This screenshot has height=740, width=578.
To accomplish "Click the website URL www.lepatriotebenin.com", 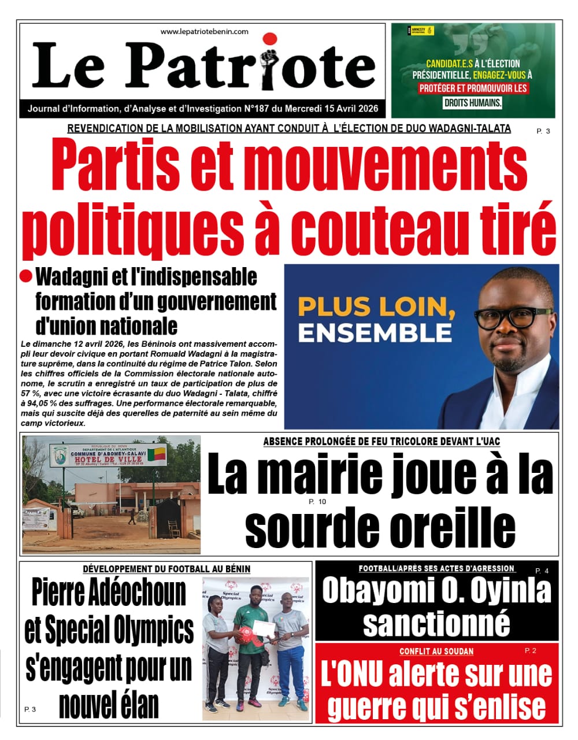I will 204,32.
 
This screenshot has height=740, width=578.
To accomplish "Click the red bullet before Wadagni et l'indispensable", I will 25,276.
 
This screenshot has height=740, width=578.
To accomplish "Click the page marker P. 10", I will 317,501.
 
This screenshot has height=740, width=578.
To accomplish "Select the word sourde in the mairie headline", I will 313,527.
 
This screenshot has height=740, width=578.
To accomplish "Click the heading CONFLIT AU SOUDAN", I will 436,652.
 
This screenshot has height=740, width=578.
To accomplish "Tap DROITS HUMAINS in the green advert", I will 472,103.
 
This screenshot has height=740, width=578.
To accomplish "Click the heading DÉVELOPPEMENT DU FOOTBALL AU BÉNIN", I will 166,569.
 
